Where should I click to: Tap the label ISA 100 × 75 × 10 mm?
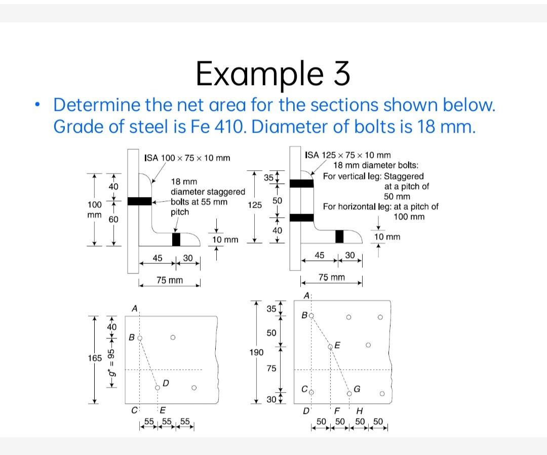[x=187, y=158]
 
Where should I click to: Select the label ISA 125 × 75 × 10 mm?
[x=347, y=155]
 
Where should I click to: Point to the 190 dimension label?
[x=256, y=351]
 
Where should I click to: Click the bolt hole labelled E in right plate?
[x=331, y=347]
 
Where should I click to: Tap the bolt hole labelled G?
[x=349, y=393]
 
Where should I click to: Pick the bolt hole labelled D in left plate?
[x=158, y=388]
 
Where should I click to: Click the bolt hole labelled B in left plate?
[x=140, y=337]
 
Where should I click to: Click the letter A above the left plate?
[x=134, y=308]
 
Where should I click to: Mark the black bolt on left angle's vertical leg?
[x=140, y=201]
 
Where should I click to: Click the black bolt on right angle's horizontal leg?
[x=339, y=236]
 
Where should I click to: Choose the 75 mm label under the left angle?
[x=170, y=280]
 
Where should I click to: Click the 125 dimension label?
[x=255, y=205]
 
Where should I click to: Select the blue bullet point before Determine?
[x=36, y=105]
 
